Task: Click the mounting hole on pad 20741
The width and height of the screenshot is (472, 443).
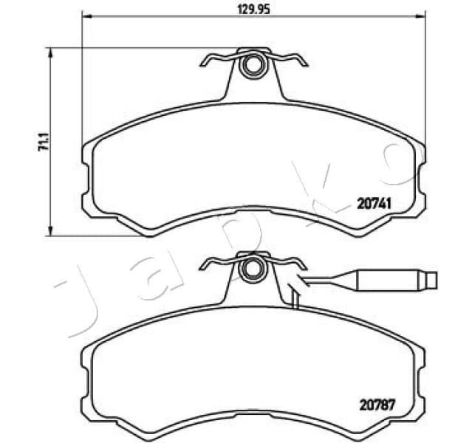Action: [253, 66]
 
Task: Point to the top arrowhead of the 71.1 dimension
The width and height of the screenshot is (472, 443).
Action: [51, 51]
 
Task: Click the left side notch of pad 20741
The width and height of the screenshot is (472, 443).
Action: [86, 178]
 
